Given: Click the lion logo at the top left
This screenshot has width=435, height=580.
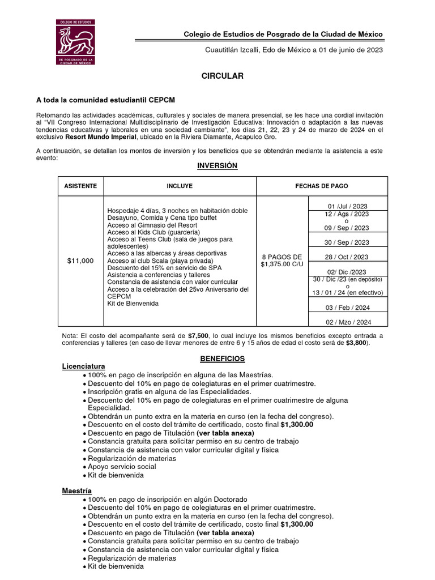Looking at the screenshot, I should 75,42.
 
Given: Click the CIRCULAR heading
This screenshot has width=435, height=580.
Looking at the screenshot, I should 223,76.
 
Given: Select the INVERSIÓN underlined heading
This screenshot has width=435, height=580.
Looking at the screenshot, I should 217,166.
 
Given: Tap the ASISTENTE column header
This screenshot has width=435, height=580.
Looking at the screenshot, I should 80,186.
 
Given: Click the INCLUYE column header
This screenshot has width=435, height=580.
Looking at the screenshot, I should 180,186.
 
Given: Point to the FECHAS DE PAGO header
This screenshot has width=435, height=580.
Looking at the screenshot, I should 322,186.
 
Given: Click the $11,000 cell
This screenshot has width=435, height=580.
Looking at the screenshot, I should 80,261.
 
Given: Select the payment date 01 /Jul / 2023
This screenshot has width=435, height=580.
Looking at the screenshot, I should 348,206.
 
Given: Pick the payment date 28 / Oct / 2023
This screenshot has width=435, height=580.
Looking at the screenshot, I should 347,257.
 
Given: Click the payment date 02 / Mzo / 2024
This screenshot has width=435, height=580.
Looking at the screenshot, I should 347,322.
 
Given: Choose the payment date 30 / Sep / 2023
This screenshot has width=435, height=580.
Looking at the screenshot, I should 347,242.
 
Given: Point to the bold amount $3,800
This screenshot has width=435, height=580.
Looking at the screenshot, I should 357,343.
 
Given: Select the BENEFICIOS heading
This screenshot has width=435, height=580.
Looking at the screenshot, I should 223,359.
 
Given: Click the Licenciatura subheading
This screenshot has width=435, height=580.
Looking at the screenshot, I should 84,366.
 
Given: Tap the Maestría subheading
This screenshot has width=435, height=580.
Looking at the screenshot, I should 76,490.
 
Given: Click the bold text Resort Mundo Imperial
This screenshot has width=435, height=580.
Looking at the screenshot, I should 101,137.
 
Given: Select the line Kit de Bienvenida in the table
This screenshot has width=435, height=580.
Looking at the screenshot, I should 133,304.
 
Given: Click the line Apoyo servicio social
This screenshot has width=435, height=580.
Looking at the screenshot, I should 122,467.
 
